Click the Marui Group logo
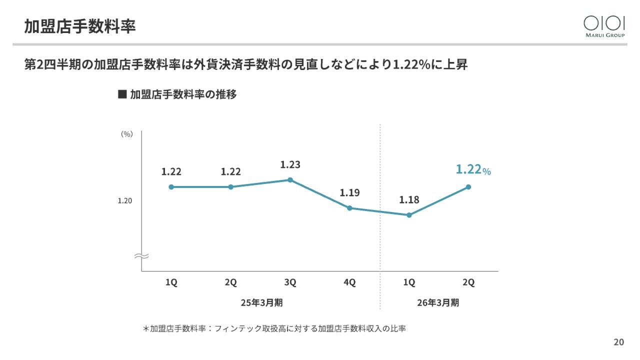click(604, 26)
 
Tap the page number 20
click(618, 342)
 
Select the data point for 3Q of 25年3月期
click(290, 180)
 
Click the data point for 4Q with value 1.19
click(349, 208)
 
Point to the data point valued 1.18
click(409, 215)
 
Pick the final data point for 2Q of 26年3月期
click(468, 187)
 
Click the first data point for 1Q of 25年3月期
click(171, 187)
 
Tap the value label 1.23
click(290, 164)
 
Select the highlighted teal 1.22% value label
click(473, 170)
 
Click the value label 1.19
click(349, 192)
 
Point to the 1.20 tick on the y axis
click(124, 201)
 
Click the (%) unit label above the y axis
click(127, 134)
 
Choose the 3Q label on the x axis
click(290, 282)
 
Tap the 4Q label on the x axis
click(349, 282)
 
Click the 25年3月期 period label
click(261, 303)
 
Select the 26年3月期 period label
click(438, 303)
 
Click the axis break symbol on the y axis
click(141, 256)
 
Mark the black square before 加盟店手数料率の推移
click(121, 94)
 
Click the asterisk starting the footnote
click(146, 329)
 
